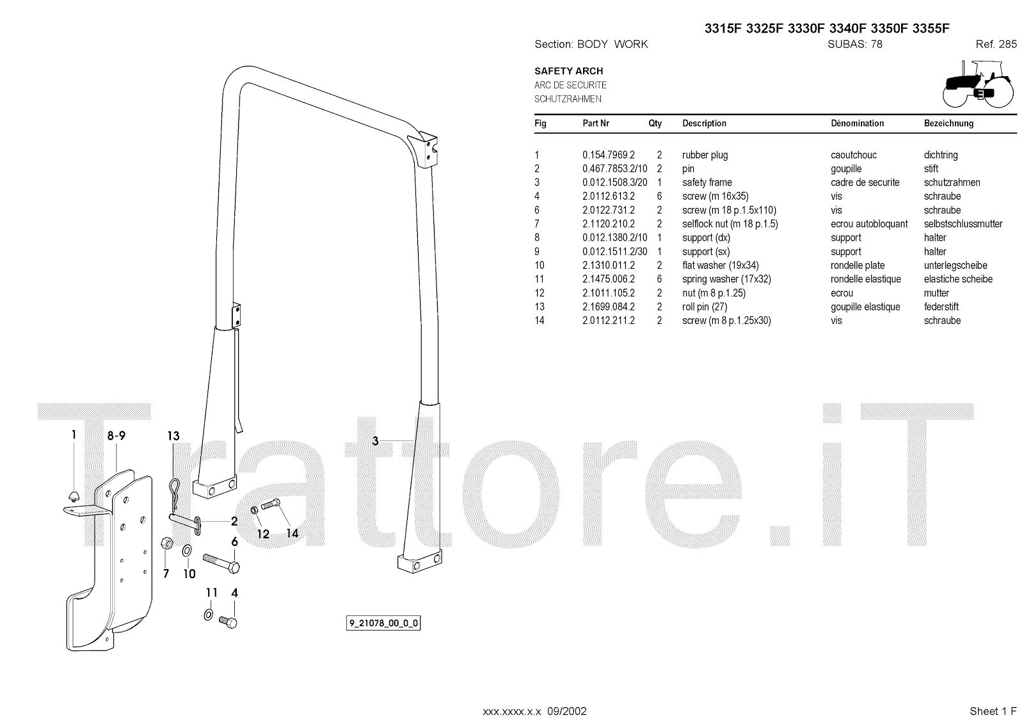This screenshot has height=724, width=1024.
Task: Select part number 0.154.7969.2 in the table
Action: click(x=608, y=155)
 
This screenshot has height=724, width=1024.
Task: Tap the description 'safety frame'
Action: click(x=707, y=182)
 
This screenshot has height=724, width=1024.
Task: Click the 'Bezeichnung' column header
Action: click(x=948, y=124)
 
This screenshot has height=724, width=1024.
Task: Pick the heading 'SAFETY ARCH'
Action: click(x=568, y=71)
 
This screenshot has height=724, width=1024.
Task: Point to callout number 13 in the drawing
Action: click(x=173, y=437)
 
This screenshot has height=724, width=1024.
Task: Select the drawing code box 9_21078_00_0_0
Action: click(x=384, y=623)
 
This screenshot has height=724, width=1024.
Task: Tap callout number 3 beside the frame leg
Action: click(x=376, y=440)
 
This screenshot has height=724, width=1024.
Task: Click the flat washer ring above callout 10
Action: click(x=188, y=550)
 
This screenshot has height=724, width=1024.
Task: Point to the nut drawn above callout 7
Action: click(x=164, y=543)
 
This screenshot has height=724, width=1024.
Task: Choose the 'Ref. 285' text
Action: click(x=996, y=44)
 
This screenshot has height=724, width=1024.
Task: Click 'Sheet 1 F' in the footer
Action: click(x=993, y=711)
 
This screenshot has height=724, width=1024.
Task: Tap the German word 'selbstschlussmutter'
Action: click(x=963, y=224)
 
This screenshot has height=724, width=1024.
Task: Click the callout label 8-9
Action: click(x=116, y=436)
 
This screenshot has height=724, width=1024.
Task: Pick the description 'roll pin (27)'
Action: click(x=705, y=307)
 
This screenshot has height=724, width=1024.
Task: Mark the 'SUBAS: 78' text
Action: click(x=854, y=44)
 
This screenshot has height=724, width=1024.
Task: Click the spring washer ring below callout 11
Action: click(x=209, y=615)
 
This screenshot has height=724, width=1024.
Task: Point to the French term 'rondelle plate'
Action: click(x=858, y=265)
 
